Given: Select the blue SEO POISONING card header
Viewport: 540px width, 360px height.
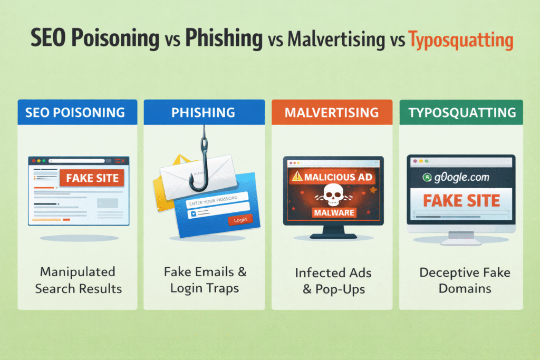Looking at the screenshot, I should pyautogui.click(x=77, y=112).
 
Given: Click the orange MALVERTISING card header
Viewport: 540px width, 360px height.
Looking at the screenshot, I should pyautogui.click(x=332, y=112).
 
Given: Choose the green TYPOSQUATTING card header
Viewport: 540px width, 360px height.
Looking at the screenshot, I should pyautogui.click(x=461, y=112).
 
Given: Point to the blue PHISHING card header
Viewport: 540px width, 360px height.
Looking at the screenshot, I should pyautogui.click(x=205, y=112).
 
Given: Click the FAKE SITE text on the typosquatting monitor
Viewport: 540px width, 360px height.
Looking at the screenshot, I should pyautogui.click(x=461, y=200).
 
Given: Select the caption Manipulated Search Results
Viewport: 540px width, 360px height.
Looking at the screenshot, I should pyautogui.click(x=78, y=280).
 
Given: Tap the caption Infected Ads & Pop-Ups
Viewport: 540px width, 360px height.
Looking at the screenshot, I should pyautogui.click(x=332, y=280).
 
